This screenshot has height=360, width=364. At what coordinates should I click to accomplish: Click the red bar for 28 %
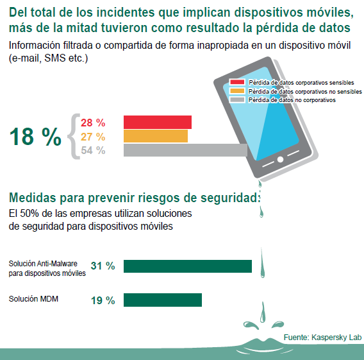158,122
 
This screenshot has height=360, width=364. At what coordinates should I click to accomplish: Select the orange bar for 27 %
156,136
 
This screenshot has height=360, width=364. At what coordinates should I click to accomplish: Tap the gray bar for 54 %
185,150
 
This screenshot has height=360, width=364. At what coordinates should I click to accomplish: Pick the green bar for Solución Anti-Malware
188,266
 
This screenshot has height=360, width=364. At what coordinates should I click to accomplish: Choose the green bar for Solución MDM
163,300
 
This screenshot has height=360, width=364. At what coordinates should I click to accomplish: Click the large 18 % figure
35,137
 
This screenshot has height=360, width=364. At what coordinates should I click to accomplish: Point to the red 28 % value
93,123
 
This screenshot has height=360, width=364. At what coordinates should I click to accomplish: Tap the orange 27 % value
93,137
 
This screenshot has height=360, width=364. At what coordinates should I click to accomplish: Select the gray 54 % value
93,150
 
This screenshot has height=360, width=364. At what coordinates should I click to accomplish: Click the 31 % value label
103,266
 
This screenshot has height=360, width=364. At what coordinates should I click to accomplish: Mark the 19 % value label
103,300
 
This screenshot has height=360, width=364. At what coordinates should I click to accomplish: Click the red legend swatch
237,82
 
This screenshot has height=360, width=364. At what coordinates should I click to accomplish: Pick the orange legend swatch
237,91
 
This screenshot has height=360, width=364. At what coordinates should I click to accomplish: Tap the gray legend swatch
237,99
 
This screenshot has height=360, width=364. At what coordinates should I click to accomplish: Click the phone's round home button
280,159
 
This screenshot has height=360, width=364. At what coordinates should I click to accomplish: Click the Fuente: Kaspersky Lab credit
323,338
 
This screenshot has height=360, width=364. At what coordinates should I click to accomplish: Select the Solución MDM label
33,298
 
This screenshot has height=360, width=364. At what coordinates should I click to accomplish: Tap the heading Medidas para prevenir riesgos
135,198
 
